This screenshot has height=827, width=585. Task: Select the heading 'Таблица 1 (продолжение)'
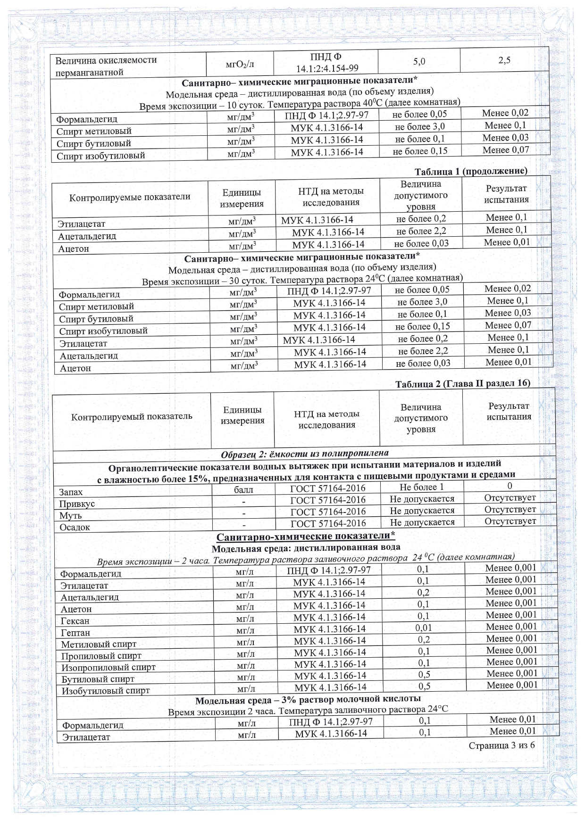471,171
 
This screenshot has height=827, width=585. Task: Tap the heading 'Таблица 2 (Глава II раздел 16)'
462,384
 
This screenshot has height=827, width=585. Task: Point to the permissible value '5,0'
419,61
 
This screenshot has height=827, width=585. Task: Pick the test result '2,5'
504,60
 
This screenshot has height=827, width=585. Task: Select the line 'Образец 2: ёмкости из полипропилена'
305,454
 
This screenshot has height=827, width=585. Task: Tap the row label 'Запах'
71,492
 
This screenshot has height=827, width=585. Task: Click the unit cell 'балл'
243,489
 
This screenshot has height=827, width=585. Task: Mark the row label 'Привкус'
77,504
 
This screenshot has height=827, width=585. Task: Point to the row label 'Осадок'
75,527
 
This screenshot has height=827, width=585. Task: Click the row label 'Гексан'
75,621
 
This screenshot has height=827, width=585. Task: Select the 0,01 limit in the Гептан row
423,628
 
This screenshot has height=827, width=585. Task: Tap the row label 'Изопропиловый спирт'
109,667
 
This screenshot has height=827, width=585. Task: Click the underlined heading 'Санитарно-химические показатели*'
306,537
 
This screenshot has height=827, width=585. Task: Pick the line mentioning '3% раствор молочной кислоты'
308,699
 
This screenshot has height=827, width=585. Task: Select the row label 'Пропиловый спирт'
101,656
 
